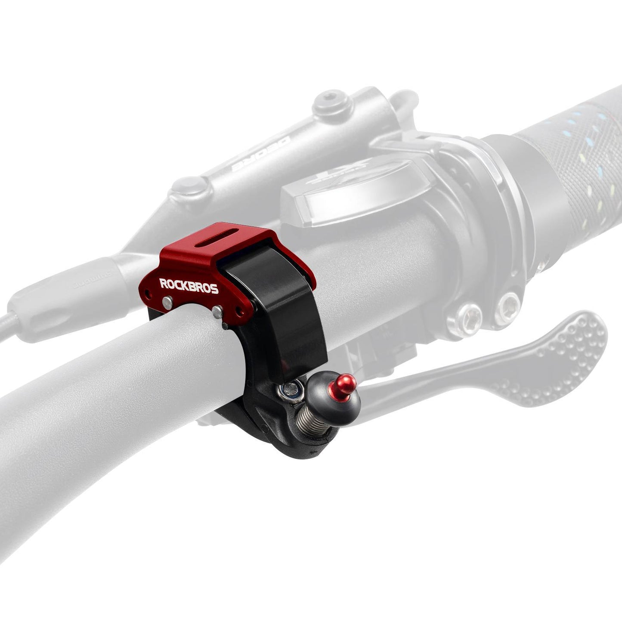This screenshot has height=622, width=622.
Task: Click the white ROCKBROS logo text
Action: [189, 285]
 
